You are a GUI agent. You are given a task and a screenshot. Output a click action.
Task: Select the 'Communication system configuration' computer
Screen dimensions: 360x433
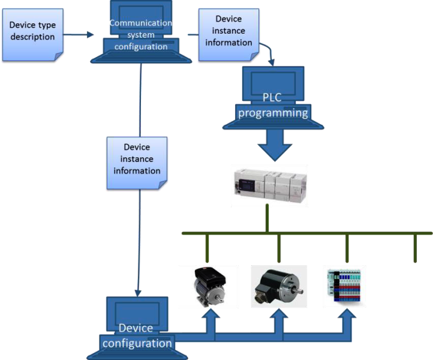coord(140,33)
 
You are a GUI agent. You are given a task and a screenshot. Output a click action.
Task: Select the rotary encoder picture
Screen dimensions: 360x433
coord(278,286)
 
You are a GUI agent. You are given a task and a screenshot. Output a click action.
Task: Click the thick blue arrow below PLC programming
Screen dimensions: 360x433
coord(273,146)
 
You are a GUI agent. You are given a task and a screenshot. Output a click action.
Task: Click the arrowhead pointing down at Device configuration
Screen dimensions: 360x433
coord(138,291)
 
